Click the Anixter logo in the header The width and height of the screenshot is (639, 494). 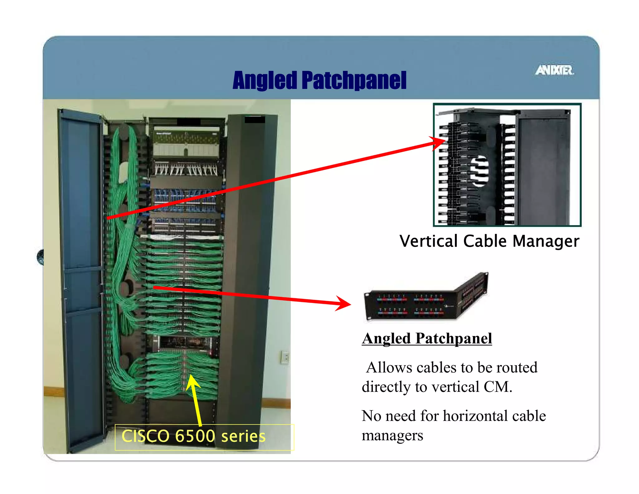[554, 70]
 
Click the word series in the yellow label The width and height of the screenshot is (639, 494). [243, 436]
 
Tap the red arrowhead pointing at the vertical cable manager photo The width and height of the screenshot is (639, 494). [438, 143]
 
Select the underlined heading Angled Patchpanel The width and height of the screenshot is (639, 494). [427, 338]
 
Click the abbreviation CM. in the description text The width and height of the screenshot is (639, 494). [498, 387]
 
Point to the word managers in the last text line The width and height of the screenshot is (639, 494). [392, 435]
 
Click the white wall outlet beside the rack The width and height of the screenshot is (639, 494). [285, 357]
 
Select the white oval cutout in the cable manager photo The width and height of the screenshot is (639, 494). [479, 171]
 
